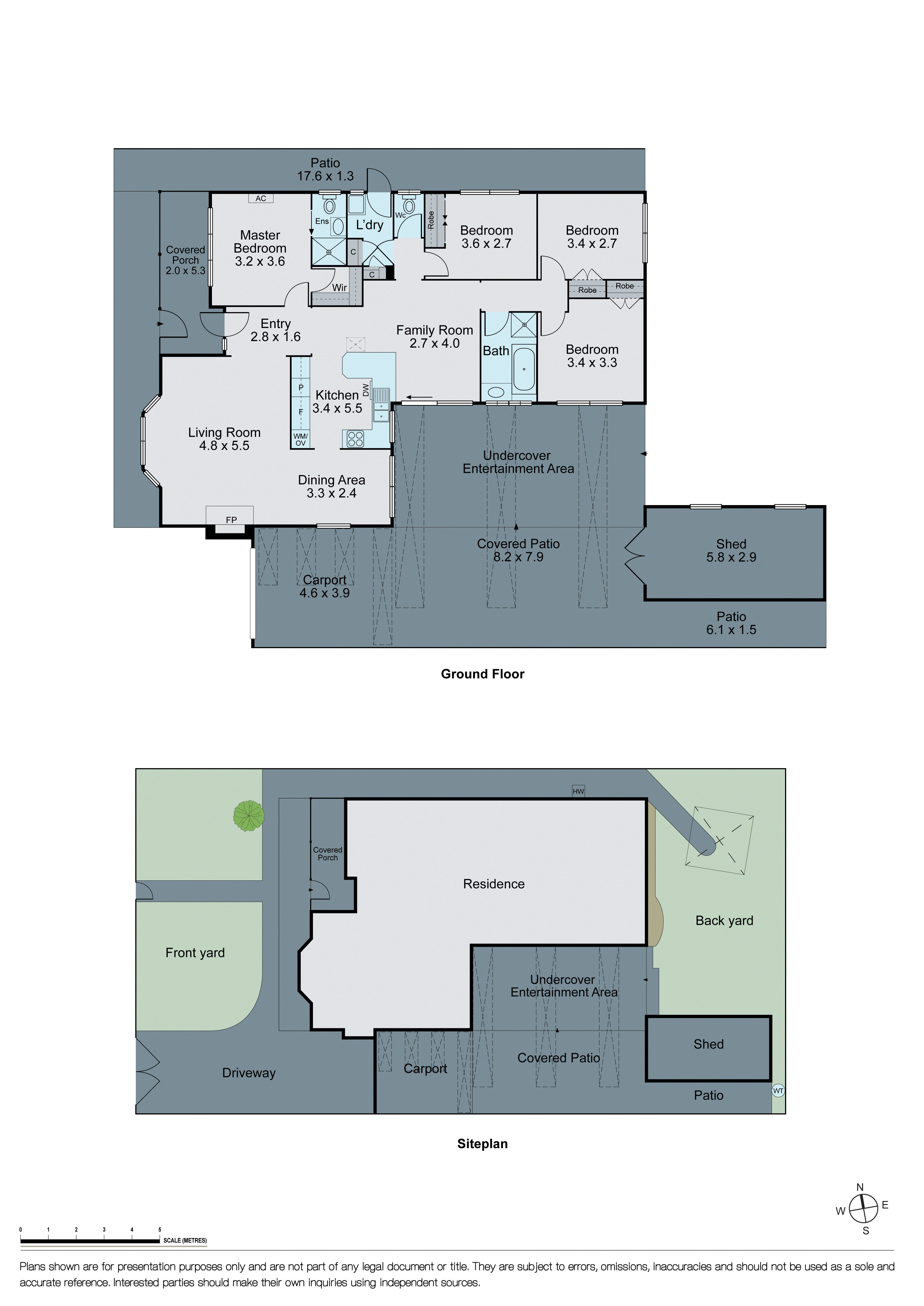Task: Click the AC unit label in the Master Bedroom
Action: [x=261, y=199]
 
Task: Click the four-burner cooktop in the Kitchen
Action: [x=355, y=439]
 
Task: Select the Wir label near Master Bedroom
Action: [x=340, y=288]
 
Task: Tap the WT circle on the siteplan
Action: [x=778, y=1090]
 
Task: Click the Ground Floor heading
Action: [x=483, y=674]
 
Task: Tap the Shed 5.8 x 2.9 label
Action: [x=731, y=551]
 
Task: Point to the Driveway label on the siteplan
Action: [x=249, y=1073]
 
